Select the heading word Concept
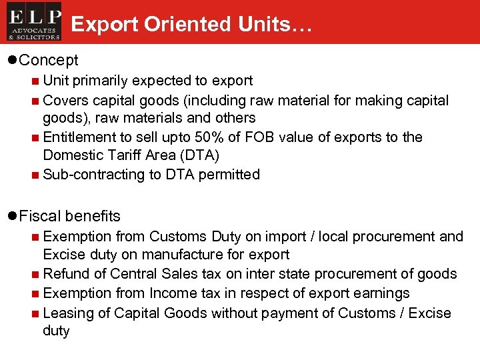point(49,60)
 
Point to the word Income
point(176,293)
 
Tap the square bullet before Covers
point(34,101)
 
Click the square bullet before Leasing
point(34,313)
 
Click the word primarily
point(101,81)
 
